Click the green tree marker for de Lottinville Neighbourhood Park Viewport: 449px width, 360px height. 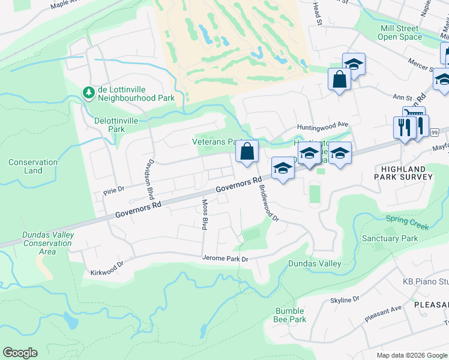89,92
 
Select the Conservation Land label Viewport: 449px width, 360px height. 33,166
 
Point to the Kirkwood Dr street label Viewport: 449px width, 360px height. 107,264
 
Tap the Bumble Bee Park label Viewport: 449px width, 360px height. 291,315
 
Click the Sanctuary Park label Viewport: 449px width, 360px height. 389,238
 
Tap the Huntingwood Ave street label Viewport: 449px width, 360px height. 323,125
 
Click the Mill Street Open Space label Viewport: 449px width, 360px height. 399,32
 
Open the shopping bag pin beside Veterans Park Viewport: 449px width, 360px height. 247,152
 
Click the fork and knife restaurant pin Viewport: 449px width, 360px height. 402,127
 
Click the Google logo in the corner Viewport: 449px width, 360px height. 20,353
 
